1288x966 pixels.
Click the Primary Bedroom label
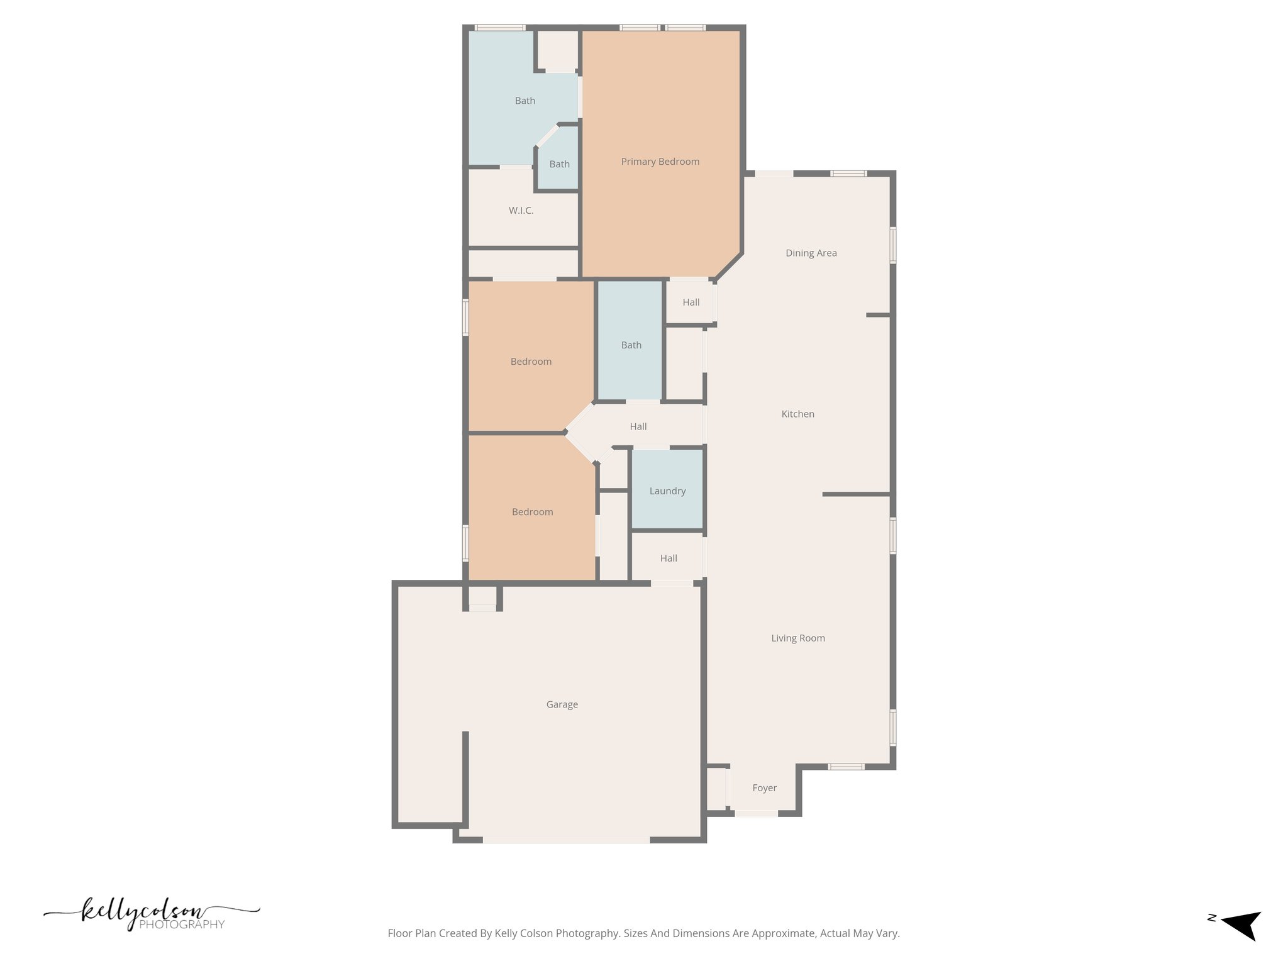tap(660, 162)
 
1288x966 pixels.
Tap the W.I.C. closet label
tap(521, 211)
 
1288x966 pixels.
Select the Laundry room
tap(667, 491)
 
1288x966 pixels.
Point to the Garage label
tap(562, 704)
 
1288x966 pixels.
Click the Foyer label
tap(764, 788)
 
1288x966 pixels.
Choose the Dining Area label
tap(811, 253)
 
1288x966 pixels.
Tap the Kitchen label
tap(797, 414)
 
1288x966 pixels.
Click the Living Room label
tap(797, 638)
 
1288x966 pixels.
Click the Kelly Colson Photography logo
tap(151, 915)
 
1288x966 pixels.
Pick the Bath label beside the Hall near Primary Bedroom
tap(631, 345)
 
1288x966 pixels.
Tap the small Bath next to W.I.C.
tap(559, 164)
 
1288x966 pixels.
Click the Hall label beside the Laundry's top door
tap(638, 426)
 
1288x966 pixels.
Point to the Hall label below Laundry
tap(669, 558)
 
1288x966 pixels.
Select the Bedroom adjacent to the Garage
tap(532, 512)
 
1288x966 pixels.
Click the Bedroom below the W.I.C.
tap(531, 362)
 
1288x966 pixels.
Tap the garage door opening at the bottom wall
tap(566, 840)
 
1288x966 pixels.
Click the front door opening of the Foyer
tap(756, 814)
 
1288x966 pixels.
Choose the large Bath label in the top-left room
tap(525, 101)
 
